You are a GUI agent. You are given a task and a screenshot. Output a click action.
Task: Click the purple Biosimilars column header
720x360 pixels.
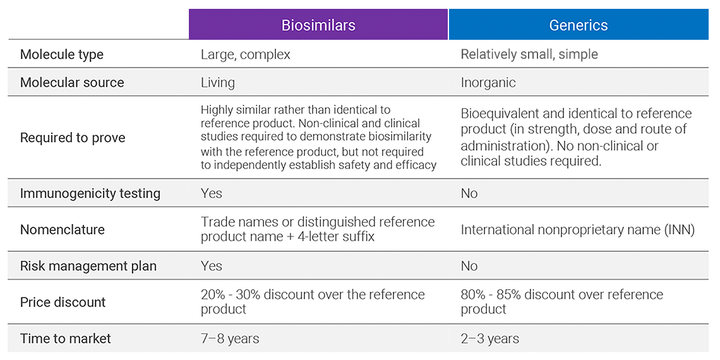[318, 25]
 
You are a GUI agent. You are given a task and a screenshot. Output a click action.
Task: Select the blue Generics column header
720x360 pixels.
[578, 25]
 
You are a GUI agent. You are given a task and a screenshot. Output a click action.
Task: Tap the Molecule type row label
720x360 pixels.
[62, 55]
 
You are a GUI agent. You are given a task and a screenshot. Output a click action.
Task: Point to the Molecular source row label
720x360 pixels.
[72, 83]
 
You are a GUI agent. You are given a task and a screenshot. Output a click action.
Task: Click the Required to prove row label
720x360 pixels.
[73, 138]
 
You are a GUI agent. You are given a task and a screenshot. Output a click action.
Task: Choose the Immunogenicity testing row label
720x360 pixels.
[90, 193]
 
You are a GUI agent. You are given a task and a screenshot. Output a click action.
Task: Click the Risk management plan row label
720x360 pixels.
[88, 267]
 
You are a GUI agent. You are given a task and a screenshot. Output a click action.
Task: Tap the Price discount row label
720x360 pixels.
[63, 302]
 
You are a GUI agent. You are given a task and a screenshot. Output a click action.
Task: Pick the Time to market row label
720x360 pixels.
[66, 339]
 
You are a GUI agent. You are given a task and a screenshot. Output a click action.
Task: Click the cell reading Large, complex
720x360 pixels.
[246, 55]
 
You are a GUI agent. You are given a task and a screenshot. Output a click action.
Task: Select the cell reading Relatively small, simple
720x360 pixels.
[529, 55]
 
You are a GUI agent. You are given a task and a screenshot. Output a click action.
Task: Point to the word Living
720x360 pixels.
[218, 83]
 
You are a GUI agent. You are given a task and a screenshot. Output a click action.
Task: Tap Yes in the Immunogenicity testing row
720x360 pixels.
[211, 193]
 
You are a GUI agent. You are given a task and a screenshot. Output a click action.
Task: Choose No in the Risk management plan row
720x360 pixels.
[469, 267]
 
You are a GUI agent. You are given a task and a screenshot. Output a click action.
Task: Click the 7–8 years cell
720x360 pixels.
[230, 339]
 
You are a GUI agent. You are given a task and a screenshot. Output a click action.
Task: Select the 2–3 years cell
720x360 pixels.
[490, 339]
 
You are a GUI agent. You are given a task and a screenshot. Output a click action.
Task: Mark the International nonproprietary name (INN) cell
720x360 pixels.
[578, 230]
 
